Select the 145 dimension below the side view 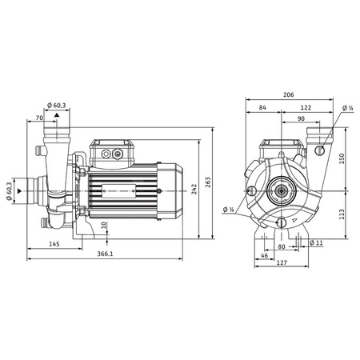point(54,243)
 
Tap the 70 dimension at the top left point(39,119)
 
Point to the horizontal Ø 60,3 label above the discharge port point(58,105)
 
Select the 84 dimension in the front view point(263,108)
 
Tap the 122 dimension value point(306,108)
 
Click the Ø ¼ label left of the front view point(229,210)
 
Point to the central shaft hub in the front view point(283,191)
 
